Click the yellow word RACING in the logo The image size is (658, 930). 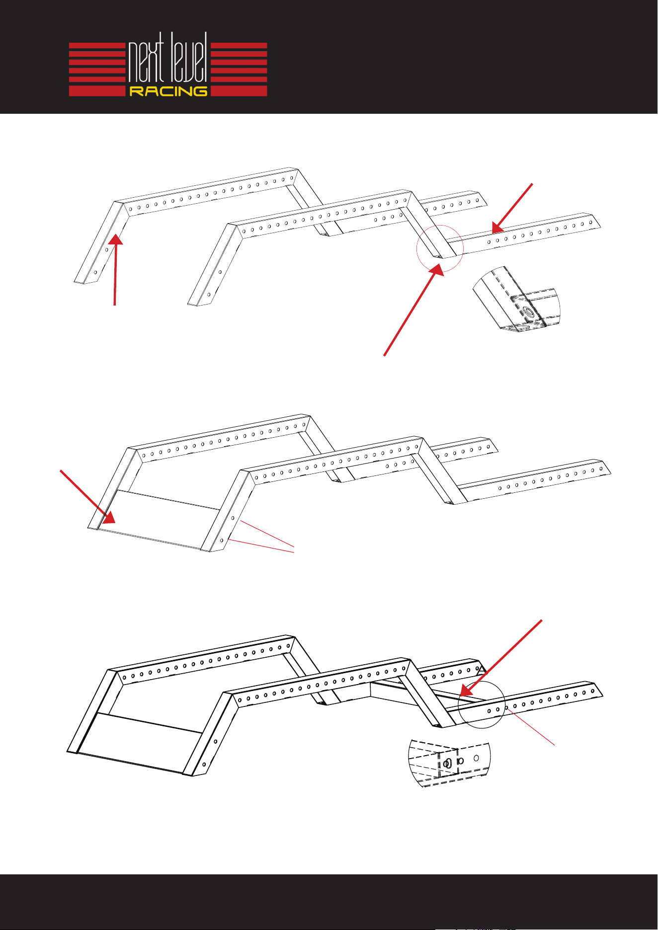point(168,91)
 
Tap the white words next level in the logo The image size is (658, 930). point(168,58)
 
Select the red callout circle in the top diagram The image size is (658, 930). point(440,248)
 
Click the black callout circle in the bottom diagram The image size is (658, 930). point(482,705)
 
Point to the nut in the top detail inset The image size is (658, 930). point(528,313)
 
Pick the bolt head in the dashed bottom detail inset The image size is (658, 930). point(447,764)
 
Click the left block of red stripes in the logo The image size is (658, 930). point(97,69)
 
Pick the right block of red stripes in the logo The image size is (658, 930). point(239,69)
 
